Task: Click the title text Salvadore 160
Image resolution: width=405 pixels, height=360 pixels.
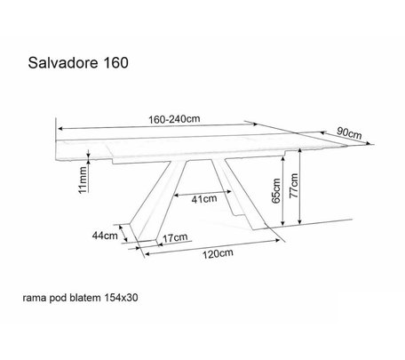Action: pyautogui.click(x=78, y=63)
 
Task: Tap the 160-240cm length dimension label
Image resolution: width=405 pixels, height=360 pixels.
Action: pyautogui.click(x=174, y=119)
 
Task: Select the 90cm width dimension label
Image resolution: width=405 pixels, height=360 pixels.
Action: pyautogui.click(x=349, y=132)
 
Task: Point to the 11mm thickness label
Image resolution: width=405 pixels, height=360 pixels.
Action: pyautogui.click(x=83, y=180)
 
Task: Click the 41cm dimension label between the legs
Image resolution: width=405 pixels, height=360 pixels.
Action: pyautogui.click(x=204, y=199)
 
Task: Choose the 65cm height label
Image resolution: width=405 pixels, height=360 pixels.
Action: pyautogui.click(x=276, y=190)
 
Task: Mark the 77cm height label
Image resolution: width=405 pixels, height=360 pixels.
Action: pyautogui.click(x=294, y=186)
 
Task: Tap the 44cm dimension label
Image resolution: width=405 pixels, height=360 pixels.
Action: pyautogui.click(x=105, y=236)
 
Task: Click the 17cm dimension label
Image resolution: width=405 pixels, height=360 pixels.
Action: pyautogui.click(x=175, y=237)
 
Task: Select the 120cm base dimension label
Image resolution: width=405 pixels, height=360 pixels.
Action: pyautogui.click(x=218, y=253)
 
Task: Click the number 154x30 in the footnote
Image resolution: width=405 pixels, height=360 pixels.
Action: pyautogui.click(x=121, y=298)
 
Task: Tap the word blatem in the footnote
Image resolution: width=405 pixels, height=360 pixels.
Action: pyautogui.click(x=85, y=298)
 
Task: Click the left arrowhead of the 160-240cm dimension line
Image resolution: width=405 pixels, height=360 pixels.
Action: pyautogui.click(x=60, y=129)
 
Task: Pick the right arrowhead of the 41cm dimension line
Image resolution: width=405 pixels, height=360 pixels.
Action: pyautogui.click(x=229, y=192)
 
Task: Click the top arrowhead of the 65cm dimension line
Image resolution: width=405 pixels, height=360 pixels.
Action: pyautogui.click(x=283, y=159)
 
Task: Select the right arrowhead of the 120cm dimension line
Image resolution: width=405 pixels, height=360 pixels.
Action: pyautogui.click(x=278, y=240)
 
